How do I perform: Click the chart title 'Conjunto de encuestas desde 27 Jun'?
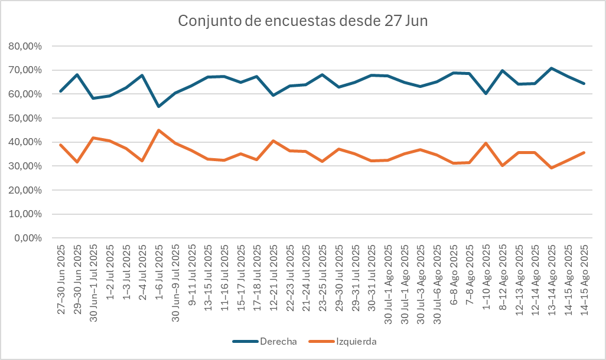coord(303,21)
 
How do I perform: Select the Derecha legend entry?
coord(271,341)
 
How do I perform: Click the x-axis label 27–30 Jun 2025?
coord(61,277)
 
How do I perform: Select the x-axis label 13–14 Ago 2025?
coord(552,277)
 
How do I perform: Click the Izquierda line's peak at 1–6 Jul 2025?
coord(159,130)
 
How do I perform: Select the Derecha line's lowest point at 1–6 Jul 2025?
coord(159,106)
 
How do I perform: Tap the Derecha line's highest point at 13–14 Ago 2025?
coord(552,68)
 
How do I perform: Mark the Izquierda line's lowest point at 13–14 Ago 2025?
coord(552,168)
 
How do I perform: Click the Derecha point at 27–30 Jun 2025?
coord(61,91)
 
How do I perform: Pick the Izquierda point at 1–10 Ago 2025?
coord(486,143)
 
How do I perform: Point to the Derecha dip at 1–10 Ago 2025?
coord(486,93)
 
